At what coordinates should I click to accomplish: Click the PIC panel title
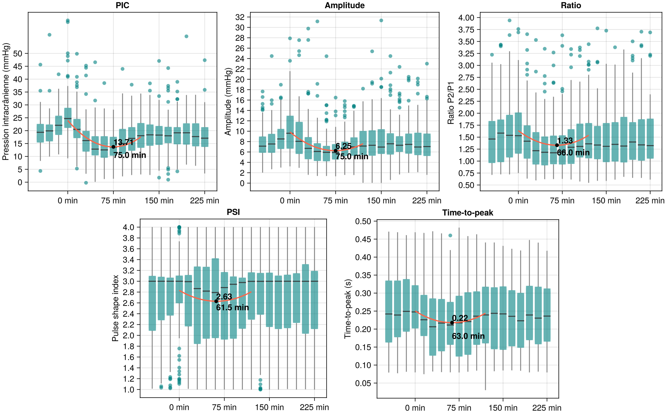click(x=122, y=6)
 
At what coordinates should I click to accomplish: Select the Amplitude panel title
click(x=344, y=6)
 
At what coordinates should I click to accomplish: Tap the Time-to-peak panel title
click(x=468, y=213)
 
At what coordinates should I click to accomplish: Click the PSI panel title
click(x=233, y=212)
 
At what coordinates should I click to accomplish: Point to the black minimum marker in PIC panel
click(x=113, y=147)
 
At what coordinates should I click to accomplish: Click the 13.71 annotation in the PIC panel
click(x=123, y=142)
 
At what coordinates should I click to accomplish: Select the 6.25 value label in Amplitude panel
click(x=343, y=146)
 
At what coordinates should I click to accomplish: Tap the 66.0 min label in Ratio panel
click(x=573, y=153)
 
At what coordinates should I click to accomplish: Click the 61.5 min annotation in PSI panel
click(x=232, y=307)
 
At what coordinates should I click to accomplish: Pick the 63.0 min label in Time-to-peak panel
click(x=468, y=336)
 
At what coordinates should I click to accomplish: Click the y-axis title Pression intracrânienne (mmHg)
click(x=6, y=102)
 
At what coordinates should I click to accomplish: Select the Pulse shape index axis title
click(x=115, y=308)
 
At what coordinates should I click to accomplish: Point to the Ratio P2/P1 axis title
click(x=451, y=103)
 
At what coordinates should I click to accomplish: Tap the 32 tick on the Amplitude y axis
click(x=240, y=17)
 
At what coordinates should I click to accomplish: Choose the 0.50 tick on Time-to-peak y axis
click(x=363, y=221)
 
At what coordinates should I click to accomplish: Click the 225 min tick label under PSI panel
click(x=314, y=407)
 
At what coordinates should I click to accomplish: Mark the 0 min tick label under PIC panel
click(x=68, y=201)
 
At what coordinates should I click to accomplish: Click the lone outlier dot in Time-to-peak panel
click(x=450, y=235)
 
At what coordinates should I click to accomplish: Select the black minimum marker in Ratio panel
click(x=557, y=145)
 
